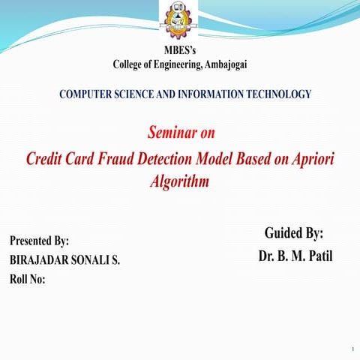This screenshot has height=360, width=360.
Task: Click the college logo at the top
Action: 179,21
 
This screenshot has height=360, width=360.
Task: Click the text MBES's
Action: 179,50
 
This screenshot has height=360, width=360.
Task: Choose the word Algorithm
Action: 179,181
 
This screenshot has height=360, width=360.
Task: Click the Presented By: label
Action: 39,241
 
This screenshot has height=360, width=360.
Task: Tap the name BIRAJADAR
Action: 41,261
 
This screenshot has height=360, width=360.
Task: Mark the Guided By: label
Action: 294,233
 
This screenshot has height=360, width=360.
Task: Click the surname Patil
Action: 318,256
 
